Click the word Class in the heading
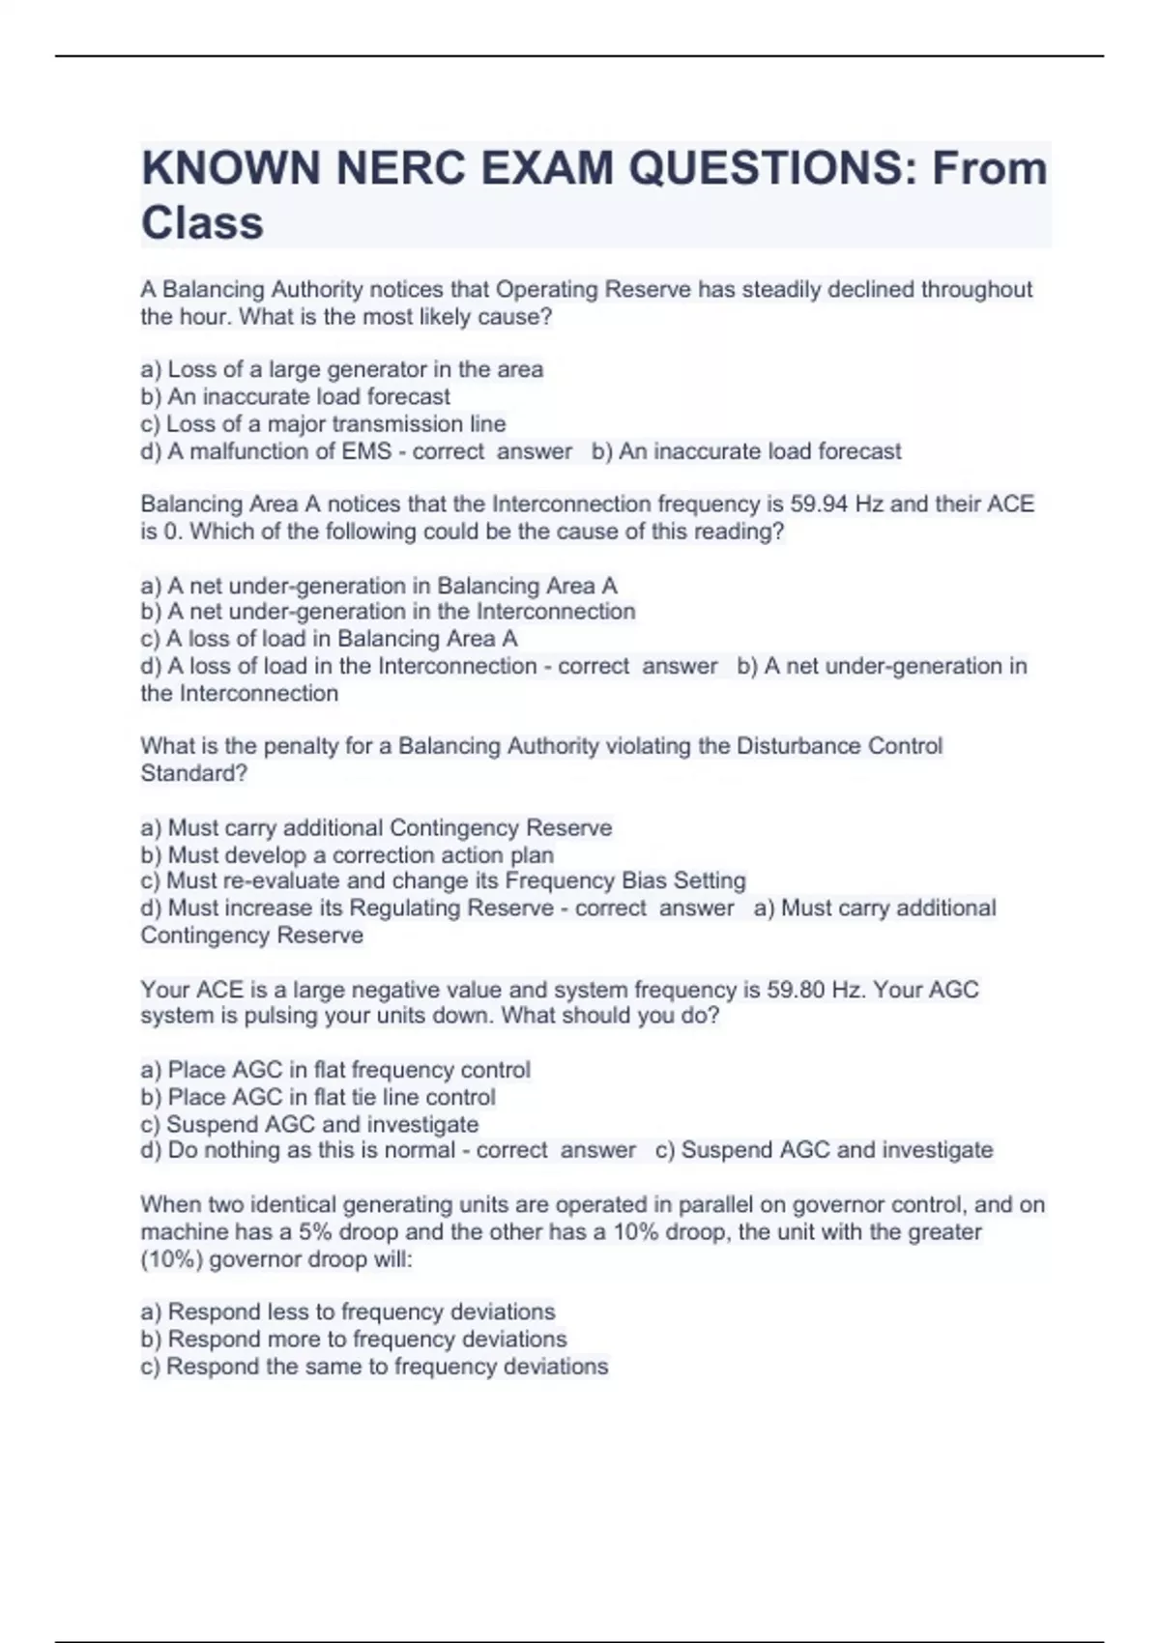coord(202,223)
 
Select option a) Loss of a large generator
coord(341,369)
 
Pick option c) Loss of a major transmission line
coord(323,423)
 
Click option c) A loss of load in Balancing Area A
coord(329,639)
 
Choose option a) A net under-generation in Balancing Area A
coord(378,586)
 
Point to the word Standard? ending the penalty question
coord(194,773)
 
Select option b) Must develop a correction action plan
coord(347,855)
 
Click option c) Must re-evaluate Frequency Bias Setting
coord(443,880)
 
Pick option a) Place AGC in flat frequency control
coord(335,1070)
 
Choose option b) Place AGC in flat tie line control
coord(318,1097)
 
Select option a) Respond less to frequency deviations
coord(348,1312)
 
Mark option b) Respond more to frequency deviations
coord(354,1339)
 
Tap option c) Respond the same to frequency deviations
coord(374,1366)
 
